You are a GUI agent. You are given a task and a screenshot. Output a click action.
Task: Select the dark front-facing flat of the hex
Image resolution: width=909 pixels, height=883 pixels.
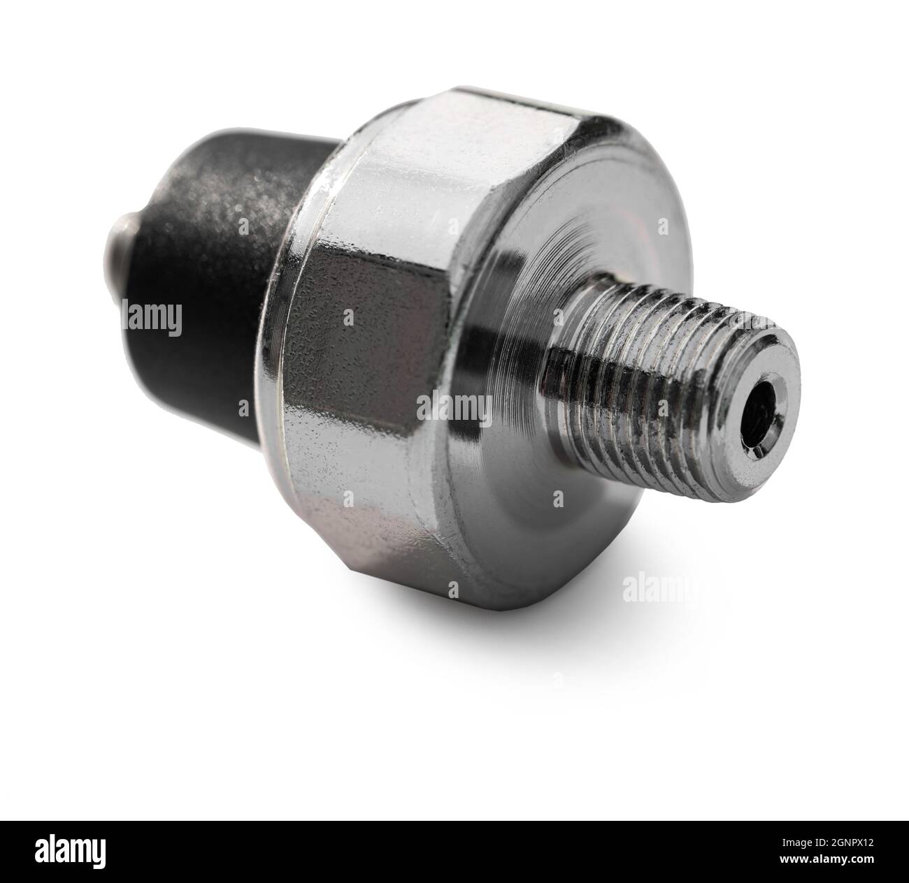click(369, 341)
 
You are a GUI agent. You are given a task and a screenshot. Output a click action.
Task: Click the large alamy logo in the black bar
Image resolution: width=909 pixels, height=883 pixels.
click(71, 852)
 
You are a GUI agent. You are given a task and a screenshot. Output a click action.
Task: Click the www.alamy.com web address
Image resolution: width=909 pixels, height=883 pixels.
click(826, 859)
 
